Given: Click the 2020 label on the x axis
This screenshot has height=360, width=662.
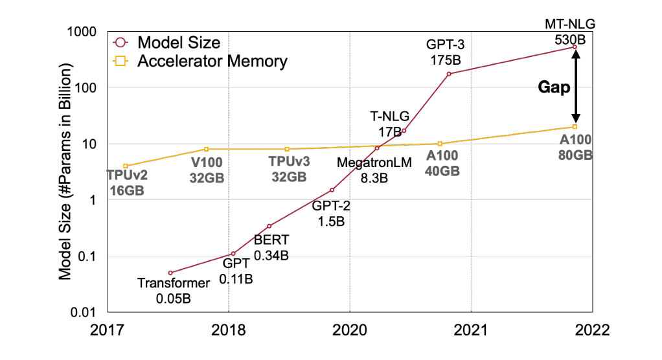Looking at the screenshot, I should coord(349,330).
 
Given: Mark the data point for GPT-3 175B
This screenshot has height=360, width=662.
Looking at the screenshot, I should coord(449,74).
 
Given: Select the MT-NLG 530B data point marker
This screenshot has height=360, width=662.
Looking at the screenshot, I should coord(575,47).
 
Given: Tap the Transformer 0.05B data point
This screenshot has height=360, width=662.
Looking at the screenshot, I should coord(170,273).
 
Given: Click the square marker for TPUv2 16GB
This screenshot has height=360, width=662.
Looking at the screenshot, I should coord(126,166).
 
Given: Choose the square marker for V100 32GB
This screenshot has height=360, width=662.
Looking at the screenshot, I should coord(207,149).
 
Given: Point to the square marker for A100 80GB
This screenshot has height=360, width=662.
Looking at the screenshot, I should coord(575,127).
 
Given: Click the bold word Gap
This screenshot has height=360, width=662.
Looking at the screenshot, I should coord(555,87).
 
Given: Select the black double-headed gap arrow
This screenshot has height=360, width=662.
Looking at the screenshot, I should coord(575,87).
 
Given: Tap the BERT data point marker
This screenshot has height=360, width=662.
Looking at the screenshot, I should coord(269,226).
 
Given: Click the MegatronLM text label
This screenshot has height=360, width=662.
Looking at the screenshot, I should coord(374,163).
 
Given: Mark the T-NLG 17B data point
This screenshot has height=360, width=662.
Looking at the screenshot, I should coord(404,131).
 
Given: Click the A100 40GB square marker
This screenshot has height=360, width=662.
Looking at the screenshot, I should coord(440,144).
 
